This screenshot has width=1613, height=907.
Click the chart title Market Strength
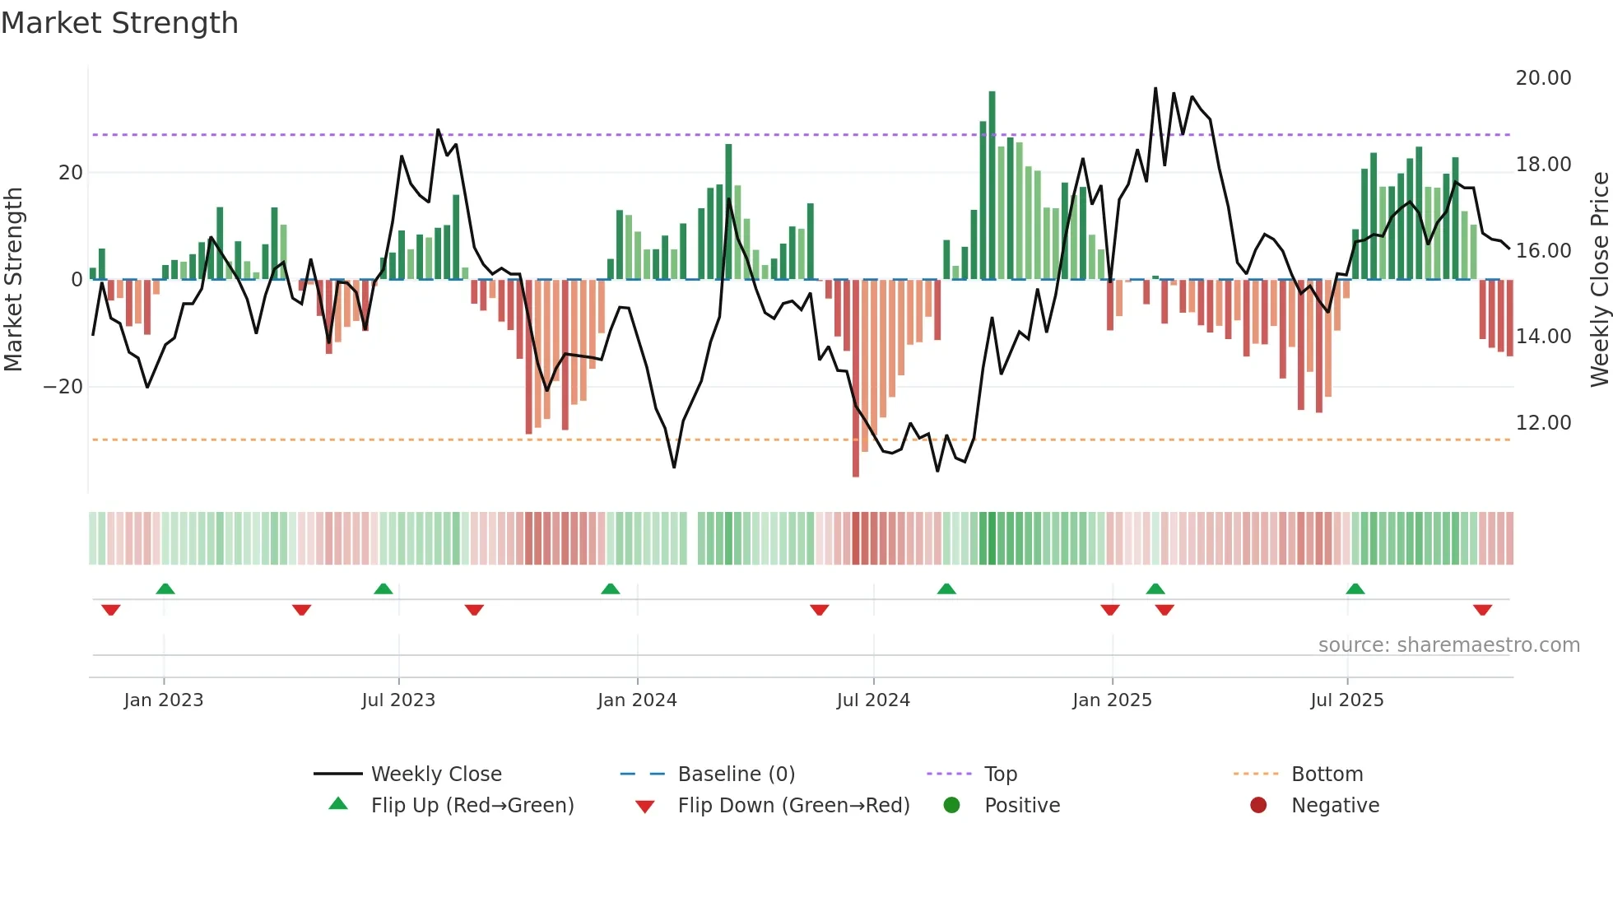(119, 23)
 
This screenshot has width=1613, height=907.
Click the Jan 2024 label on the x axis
(637, 700)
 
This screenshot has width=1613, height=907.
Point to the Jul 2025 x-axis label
(1346, 700)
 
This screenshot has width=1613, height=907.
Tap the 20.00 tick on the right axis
(1543, 78)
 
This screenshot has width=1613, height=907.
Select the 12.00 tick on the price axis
(1543, 423)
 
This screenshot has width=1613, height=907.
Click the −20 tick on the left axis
(63, 387)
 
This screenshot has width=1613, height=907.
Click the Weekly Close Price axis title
(1599, 280)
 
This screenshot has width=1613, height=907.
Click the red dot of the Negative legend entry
(1258, 806)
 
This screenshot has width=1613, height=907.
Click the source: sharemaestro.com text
(1448, 645)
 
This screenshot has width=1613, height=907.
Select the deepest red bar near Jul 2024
(856, 379)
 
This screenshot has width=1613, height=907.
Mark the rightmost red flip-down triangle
(1483, 610)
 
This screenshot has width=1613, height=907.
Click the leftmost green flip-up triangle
(165, 588)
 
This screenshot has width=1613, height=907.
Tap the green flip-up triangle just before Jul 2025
(1355, 588)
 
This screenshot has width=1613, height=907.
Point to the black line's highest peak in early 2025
(1155, 89)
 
